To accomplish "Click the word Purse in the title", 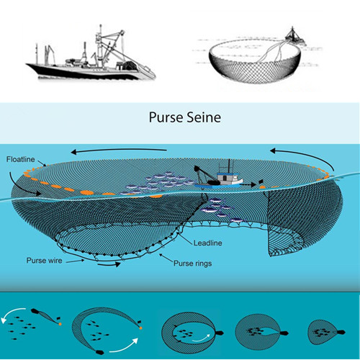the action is coord(166,117).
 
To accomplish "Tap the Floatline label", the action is coord(21,159).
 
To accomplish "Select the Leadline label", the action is coord(208,243).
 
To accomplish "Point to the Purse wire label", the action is coord(45,261).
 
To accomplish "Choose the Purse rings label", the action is coord(193,264).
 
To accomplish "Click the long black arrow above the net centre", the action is coord(119,150).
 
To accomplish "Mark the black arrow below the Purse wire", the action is coord(109,264).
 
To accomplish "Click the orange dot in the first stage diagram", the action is coord(60,324).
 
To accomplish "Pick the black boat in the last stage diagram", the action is coord(341,333).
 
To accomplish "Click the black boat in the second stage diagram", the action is coord(99,352).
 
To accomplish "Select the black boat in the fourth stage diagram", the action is coord(284,333).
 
